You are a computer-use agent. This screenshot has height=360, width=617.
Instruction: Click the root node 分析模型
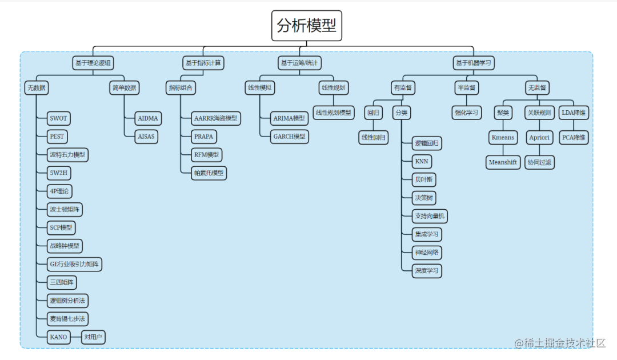click(307, 26)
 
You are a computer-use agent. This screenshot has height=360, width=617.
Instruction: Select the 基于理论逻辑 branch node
click(93, 62)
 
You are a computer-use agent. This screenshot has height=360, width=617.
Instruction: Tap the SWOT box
click(58, 118)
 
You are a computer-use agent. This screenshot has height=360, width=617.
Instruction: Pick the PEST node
click(57, 137)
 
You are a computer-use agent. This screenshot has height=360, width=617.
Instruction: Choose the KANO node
click(58, 337)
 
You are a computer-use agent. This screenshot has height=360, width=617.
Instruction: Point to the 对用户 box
click(93, 337)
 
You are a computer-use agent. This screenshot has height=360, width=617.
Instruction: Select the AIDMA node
click(149, 118)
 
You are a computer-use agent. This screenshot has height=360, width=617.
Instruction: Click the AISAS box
click(146, 137)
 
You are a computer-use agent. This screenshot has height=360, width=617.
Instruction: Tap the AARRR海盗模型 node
click(216, 118)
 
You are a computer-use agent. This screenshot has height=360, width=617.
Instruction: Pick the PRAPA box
click(205, 137)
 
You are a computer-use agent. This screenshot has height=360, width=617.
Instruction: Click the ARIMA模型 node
click(289, 118)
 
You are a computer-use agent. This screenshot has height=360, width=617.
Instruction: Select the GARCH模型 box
click(289, 137)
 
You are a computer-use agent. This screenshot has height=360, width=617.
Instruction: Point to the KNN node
click(421, 161)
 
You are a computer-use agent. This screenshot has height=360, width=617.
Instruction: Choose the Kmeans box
click(503, 137)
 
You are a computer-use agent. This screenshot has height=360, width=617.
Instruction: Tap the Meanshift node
click(503, 162)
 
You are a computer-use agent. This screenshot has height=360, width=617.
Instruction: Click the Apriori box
click(539, 137)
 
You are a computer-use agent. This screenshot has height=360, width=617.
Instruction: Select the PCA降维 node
click(574, 137)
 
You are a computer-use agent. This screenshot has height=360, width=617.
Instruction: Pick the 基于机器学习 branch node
click(473, 62)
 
